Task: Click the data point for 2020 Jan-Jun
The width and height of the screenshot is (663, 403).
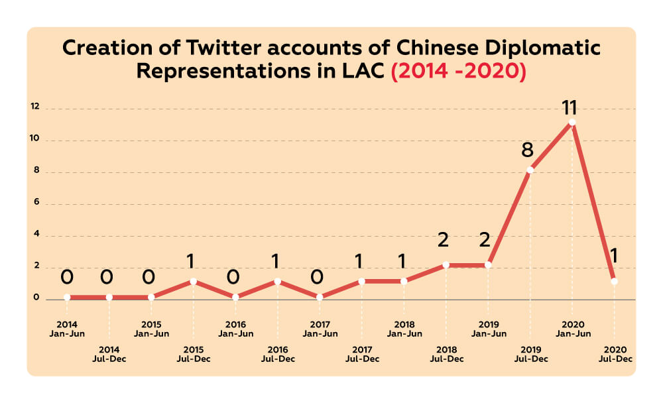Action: coord(572,123)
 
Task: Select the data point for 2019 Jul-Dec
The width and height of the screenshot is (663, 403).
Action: coord(530,170)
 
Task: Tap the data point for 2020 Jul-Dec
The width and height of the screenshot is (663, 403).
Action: coord(615,281)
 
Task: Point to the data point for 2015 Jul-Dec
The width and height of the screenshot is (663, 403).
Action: coord(194,281)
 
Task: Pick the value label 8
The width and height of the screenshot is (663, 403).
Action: coord(528,150)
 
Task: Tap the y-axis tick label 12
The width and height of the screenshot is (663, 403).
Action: coord(35,107)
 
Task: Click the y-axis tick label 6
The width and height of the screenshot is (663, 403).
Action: coord(37,203)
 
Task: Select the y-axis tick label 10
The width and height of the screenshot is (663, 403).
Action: coord(35,140)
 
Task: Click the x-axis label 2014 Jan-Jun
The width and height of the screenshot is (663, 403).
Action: coord(67,329)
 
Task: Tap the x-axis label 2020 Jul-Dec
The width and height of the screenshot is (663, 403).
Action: coord(615,354)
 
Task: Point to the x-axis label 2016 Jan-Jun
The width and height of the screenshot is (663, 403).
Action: coord(236,329)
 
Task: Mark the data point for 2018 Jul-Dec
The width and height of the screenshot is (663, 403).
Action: coord(446,265)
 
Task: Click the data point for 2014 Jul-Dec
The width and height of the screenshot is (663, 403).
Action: coord(109,297)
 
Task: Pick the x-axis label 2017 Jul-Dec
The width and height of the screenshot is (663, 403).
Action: coord(362,354)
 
